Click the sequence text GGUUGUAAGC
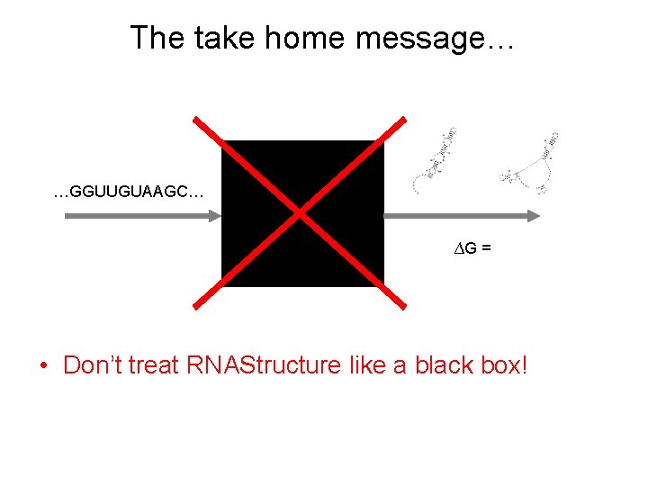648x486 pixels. (129, 192)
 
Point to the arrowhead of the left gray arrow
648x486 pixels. (215, 216)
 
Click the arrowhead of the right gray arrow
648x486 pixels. (535, 216)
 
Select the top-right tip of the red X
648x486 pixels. (402, 120)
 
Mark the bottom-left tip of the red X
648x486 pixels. (195, 309)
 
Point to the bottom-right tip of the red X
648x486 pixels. (403, 309)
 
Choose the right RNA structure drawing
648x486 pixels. (533, 164)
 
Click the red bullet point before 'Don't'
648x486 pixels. (43, 366)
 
